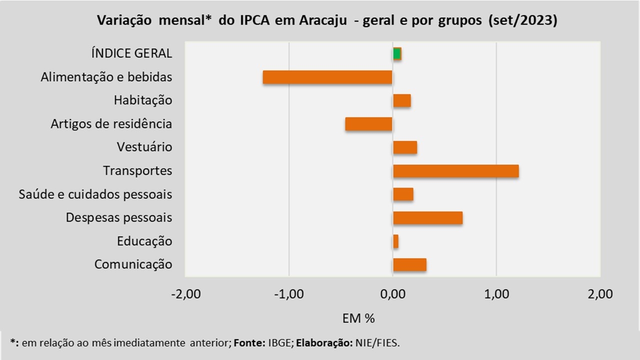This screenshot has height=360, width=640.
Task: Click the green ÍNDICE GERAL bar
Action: (397, 53)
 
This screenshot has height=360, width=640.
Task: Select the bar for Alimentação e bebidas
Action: (327, 77)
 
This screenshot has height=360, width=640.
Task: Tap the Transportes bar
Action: (455, 171)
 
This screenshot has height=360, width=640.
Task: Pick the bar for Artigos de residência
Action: (368, 124)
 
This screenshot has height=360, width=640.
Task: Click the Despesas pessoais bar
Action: (427, 218)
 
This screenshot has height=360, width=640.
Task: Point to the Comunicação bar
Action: (409, 264)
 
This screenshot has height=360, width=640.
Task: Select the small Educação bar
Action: (395, 241)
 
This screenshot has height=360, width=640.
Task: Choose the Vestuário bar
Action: (405, 147)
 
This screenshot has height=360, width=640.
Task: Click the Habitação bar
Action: (402, 100)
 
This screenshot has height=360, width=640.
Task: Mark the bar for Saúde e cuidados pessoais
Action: (403, 194)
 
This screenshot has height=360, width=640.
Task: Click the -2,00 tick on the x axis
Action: (185, 294)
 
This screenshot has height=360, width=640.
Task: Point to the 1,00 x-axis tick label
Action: (496, 294)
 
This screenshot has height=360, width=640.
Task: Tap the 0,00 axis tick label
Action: (392, 294)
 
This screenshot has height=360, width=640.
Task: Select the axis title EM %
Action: (358, 318)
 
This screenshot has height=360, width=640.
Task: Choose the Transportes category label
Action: (137, 171)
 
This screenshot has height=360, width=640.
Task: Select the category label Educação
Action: (144, 241)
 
